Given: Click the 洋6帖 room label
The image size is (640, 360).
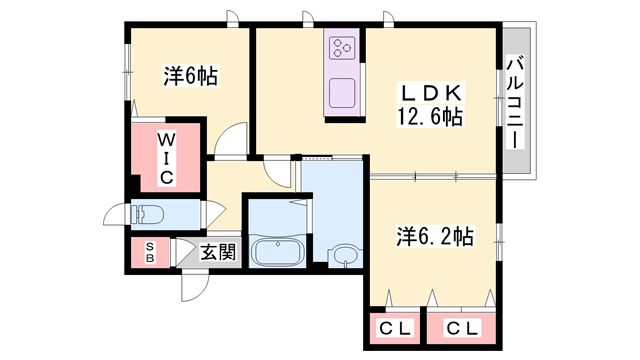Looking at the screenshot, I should pos(191,75).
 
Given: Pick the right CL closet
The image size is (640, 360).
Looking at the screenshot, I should pos(461,327).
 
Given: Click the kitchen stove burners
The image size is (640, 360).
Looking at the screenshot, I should pos(342,47).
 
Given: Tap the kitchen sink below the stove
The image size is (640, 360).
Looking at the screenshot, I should pos(342,91).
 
